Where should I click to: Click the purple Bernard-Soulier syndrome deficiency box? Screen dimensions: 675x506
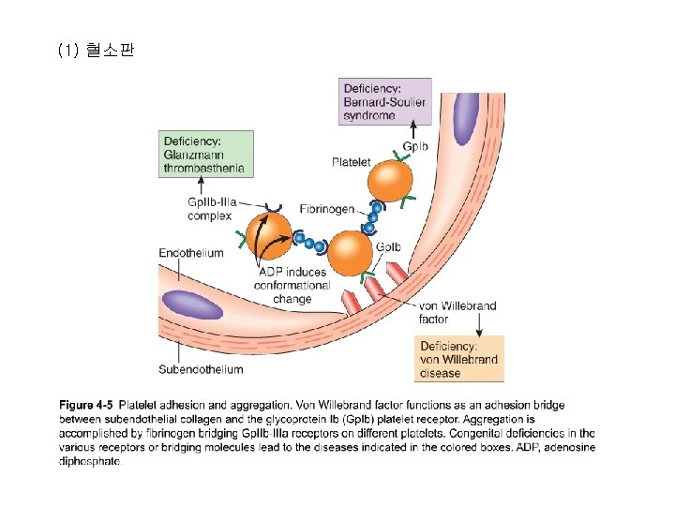[385, 101]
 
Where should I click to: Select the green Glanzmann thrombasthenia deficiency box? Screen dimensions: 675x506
[205, 154]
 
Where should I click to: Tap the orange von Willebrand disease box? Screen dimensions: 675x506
[458, 359]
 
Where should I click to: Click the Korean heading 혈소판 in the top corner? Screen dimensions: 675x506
[111, 50]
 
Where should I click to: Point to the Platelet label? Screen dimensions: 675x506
[351, 162]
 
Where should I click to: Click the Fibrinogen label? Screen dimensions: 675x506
[327, 209]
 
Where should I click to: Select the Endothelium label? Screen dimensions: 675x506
[191, 253]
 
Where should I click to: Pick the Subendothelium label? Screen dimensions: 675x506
[201, 369]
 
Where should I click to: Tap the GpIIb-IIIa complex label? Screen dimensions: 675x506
[212, 209]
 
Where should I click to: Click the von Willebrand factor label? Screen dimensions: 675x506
[457, 312]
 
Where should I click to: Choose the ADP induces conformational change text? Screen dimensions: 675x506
[292, 285]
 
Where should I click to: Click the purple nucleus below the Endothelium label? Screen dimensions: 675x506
[192, 305]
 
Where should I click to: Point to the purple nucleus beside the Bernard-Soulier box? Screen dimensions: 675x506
[466, 118]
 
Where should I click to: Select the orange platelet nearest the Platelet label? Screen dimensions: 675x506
[390, 181]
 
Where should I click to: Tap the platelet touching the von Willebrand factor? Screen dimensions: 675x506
[351, 253]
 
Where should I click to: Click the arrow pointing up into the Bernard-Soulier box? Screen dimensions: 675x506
[413, 129]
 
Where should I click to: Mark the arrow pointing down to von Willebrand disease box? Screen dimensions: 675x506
[479, 324]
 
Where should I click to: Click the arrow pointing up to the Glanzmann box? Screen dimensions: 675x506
[201, 186]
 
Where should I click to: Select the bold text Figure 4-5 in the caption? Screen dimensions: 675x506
[85, 405]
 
